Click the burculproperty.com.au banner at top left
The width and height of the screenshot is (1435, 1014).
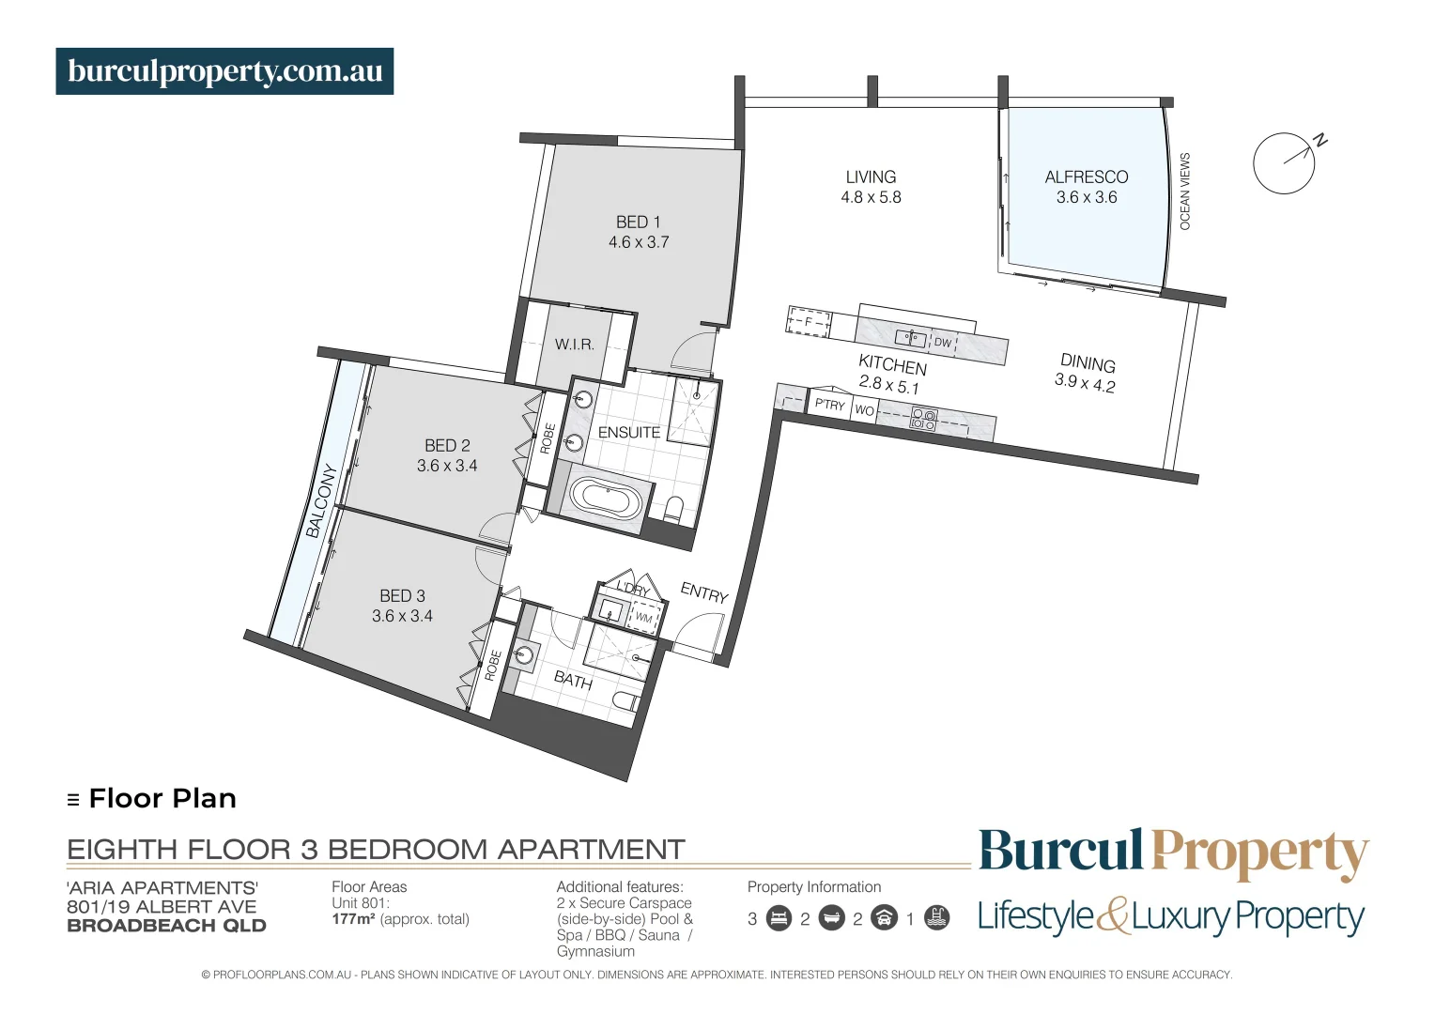(x=224, y=71)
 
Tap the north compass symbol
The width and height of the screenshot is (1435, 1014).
(x=1284, y=163)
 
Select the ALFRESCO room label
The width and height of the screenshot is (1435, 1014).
(x=1086, y=177)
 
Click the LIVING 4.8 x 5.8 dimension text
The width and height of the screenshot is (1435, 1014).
(x=871, y=197)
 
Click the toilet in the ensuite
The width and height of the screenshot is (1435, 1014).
(x=672, y=509)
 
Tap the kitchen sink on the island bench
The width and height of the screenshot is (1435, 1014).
(x=910, y=338)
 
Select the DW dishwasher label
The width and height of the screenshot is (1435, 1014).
(x=943, y=343)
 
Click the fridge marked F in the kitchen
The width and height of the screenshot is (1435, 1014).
(x=808, y=322)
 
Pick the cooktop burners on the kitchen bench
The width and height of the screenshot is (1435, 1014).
(x=923, y=419)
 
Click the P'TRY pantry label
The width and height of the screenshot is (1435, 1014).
(x=829, y=405)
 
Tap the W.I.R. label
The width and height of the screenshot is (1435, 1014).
(x=574, y=345)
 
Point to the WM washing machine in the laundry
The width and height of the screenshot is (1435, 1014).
(x=644, y=618)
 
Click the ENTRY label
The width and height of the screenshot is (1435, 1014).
(x=704, y=592)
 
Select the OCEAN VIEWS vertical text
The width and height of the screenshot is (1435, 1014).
(x=1184, y=191)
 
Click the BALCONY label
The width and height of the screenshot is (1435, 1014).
(x=320, y=500)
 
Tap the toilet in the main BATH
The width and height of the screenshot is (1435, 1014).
(x=625, y=701)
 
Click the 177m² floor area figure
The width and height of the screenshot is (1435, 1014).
(x=353, y=919)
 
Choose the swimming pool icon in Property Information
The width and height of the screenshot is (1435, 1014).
(x=936, y=918)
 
